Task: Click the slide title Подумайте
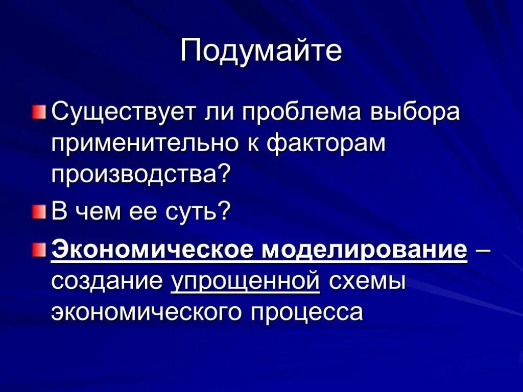261,52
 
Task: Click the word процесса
306,312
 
